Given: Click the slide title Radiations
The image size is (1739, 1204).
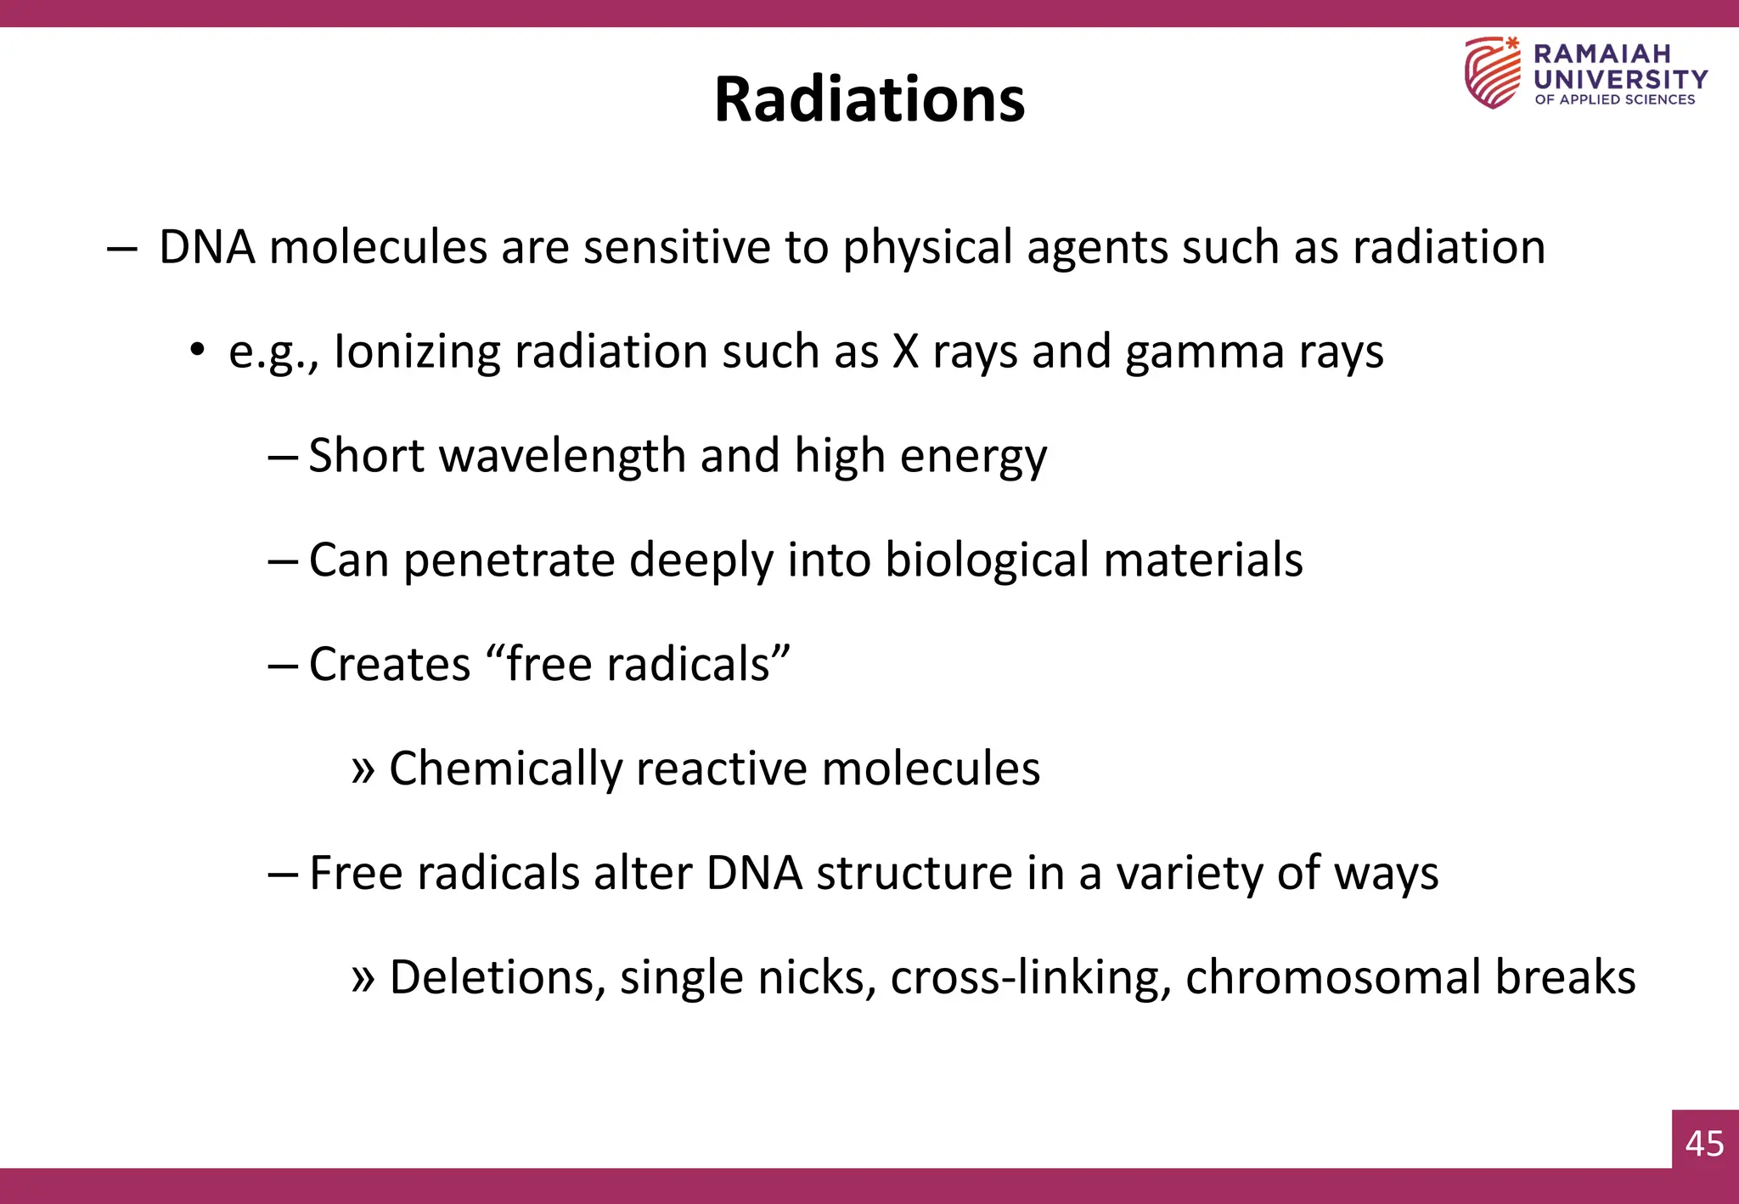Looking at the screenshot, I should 869,99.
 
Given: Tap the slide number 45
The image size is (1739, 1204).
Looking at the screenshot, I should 1704,1144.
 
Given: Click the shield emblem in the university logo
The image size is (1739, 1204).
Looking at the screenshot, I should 1492,73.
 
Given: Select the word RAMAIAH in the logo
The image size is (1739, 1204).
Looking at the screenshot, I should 1601,53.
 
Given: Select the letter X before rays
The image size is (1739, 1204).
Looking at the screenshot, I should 906,352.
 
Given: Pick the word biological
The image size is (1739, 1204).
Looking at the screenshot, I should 988,561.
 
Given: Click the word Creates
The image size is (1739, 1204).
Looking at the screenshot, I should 390,664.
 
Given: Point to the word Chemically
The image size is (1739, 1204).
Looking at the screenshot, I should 505,769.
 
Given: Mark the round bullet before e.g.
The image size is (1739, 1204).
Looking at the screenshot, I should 197,349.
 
